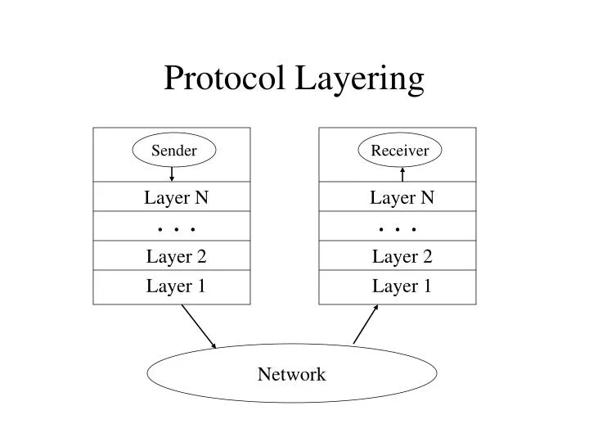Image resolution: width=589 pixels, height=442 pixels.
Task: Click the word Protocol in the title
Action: coord(223,79)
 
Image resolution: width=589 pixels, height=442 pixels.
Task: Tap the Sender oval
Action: coord(174,151)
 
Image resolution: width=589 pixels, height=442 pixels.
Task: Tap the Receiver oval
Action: coord(400,151)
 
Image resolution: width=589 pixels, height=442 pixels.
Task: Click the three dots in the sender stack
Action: coord(176,229)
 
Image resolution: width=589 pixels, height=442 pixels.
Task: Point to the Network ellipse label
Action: coord(291,375)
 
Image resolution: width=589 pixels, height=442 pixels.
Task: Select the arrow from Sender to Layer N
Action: coord(172,174)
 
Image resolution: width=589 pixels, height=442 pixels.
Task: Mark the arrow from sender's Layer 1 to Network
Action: coord(199,326)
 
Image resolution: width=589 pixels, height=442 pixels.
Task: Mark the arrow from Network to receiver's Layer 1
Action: coord(366,324)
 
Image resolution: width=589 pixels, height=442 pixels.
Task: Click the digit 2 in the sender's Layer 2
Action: coord(200,257)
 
